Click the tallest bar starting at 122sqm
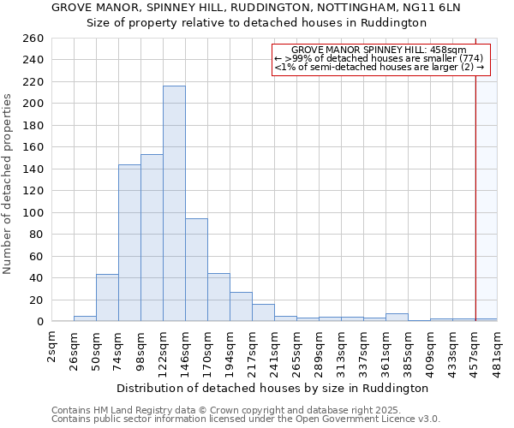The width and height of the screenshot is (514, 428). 174,204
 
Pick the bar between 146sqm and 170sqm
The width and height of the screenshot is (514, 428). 196,270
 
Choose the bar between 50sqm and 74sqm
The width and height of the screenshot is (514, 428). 107,298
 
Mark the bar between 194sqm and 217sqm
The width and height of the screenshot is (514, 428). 241,306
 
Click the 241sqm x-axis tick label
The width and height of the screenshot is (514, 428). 275,352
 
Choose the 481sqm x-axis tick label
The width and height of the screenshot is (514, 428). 498,352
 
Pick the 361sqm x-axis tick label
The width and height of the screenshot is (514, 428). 386,352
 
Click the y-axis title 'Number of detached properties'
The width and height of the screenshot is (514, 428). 9,184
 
